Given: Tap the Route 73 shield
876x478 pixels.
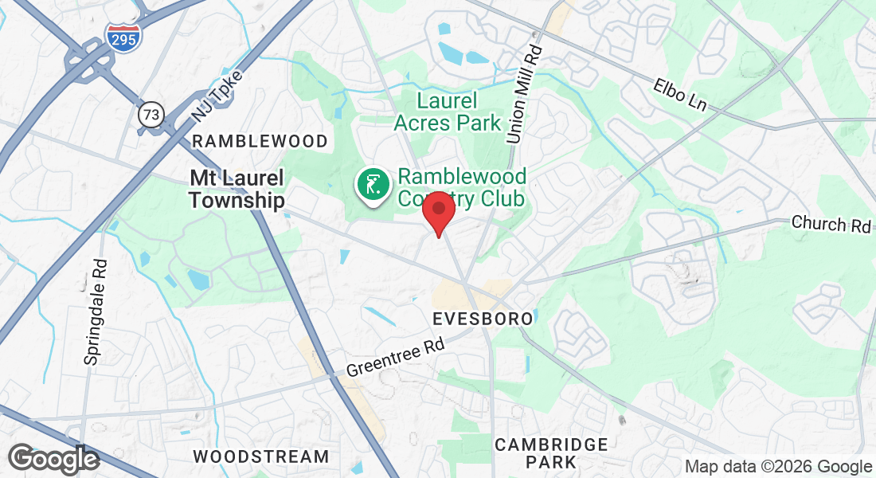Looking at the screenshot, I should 150,114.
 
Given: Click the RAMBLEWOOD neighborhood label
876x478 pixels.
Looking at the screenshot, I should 260,141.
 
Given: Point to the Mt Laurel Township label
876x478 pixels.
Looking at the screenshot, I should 237,189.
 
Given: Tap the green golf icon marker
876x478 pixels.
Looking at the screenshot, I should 372,186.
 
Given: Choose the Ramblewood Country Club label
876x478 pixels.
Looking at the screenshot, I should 462,186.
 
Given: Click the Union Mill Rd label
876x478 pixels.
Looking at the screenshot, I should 524,95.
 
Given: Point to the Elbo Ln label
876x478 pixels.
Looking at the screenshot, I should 681,94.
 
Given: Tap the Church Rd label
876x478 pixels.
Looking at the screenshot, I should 831,224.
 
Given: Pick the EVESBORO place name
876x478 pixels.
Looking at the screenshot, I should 483,319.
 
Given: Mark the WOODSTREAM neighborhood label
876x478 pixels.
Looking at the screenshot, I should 261,456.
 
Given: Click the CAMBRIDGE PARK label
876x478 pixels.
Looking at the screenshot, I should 551,453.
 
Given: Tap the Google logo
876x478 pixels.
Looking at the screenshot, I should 53,459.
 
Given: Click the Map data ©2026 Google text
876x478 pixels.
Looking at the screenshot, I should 778,467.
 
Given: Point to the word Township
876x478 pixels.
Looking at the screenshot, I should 237,199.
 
